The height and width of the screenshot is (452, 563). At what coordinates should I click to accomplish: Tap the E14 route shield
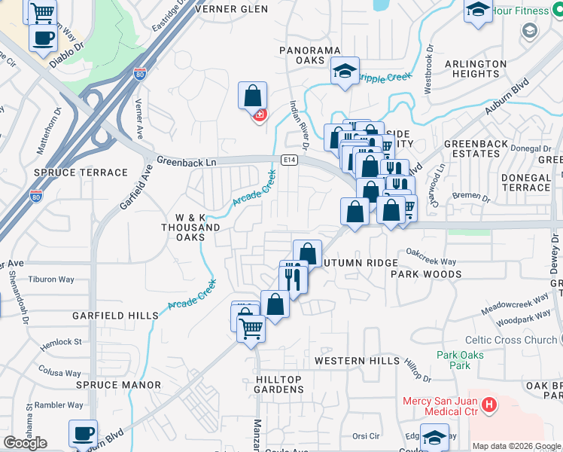290,160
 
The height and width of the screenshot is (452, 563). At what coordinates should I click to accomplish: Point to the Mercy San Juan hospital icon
490,406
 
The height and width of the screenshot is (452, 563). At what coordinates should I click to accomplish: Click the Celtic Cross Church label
510,340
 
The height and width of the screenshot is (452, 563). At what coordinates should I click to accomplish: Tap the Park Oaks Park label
453,360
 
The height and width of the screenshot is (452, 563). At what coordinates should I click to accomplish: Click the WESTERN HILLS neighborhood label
357,361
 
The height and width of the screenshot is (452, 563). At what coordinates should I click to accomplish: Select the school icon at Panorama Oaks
345,72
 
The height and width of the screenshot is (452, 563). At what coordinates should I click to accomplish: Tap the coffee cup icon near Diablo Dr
43,37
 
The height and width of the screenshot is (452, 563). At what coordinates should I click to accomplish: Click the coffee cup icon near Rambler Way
83,433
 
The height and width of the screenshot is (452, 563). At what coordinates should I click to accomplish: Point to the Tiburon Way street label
51,279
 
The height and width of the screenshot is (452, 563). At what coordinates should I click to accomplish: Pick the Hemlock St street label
62,342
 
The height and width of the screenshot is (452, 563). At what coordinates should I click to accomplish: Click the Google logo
25,443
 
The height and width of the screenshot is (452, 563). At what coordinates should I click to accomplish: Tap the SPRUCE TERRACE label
81,173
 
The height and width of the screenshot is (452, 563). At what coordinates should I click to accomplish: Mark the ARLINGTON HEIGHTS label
476,69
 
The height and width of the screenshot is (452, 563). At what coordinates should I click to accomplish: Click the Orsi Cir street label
366,436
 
